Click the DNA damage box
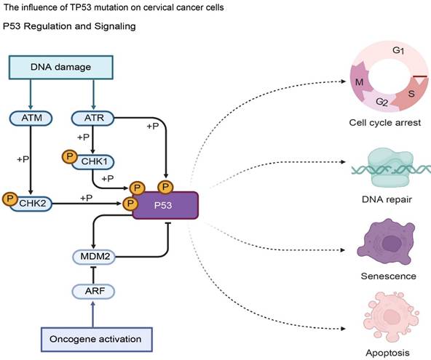(x=62, y=68)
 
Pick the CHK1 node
(x=97, y=161)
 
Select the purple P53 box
(x=165, y=205)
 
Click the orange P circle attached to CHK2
(x=9, y=198)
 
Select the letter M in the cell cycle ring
(x=359, y=81)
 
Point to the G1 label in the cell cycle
(x=399, y=51)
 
